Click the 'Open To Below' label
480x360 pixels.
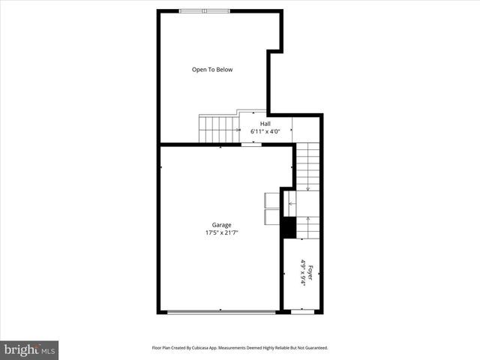pos(212,70)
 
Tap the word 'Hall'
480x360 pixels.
pos(265,124)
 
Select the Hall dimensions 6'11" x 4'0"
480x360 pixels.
pos(265,132)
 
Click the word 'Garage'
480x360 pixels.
pos(220,225)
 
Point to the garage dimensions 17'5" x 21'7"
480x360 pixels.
pos(220,232)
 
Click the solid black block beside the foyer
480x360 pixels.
pos(288,227)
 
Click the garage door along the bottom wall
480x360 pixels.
pos(220,311)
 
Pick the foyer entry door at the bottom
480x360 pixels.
pos(302,311)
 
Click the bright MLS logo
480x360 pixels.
pos(29,349)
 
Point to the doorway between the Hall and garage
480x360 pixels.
pos(251,145)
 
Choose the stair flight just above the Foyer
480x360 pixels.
pos(308,227)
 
